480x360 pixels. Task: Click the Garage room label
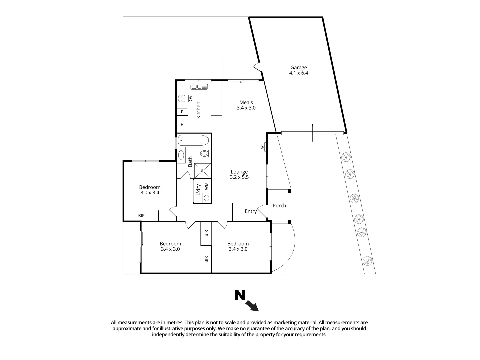298,70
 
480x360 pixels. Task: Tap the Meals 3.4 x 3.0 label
246,105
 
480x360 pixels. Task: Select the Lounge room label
239,174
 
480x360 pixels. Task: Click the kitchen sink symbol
199,87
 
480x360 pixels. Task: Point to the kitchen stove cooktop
181,98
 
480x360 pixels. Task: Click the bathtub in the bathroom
193,140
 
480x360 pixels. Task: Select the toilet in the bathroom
205,153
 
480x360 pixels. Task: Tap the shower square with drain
203,171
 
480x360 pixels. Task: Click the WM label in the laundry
206,186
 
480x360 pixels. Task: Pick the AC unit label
262,146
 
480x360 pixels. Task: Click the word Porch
279,206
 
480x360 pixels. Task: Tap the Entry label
251,211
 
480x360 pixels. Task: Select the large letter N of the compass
240,295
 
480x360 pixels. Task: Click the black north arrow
252,306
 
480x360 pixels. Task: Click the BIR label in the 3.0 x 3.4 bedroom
141,216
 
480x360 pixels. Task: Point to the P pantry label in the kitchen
182,112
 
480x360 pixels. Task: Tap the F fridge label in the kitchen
182,125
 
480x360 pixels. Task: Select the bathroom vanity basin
181,155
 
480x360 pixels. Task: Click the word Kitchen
198,110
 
